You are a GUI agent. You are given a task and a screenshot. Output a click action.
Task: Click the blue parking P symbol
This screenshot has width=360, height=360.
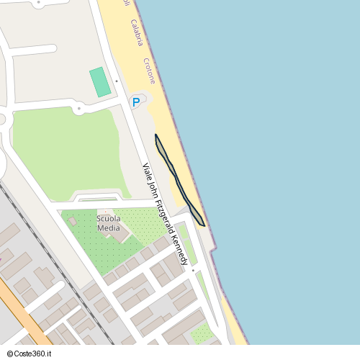click(135, 103)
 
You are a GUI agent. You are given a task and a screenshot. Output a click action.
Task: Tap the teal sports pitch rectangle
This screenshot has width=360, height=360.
click(100, 82)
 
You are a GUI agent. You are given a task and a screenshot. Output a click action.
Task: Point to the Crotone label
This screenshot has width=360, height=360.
click(149, 71)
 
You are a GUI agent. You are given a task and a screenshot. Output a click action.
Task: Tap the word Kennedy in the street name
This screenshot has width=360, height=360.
click(184, 247)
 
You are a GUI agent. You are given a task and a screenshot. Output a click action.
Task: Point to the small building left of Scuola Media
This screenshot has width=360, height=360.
click(73, 222)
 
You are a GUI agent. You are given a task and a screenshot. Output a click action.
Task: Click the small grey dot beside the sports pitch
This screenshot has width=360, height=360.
click(116, 81)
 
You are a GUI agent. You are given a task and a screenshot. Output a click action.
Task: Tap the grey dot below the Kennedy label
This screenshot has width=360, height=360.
click(193, 270)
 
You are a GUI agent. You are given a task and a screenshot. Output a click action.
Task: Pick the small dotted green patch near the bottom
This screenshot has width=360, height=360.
click(202, 333)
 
